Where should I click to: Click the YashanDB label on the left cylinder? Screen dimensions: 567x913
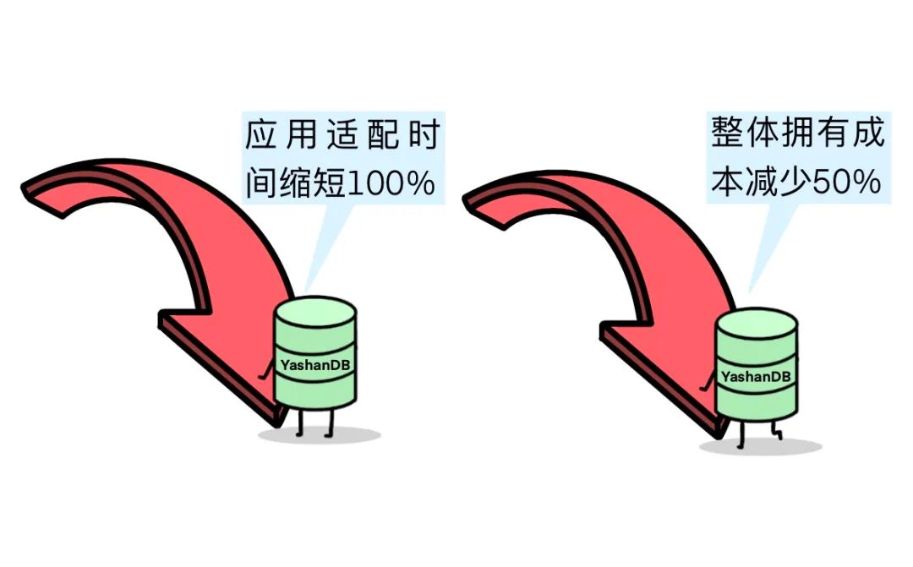(314, 366)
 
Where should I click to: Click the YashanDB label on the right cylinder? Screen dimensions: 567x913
(757, 376)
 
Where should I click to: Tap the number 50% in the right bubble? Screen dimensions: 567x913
(847, 183)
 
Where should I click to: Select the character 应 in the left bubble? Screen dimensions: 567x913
(261, 135)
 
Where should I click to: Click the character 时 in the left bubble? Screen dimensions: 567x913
(423, 135)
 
